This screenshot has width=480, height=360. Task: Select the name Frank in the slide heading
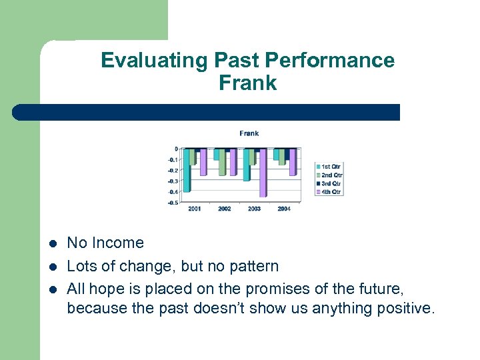click(247, 83)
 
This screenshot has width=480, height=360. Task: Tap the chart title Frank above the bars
click(249, 133)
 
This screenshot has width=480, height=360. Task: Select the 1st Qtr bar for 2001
click(187, 170)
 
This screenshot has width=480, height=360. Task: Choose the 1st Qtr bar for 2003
click(247, 165)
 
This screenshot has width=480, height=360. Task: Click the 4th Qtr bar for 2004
click(292, 161)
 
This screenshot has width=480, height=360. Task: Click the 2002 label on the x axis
click(225, 209)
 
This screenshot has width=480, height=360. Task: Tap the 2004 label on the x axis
click(283, 209)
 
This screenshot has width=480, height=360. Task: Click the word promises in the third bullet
click(274, 289)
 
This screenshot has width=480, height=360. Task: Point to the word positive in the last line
click(403, 309)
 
